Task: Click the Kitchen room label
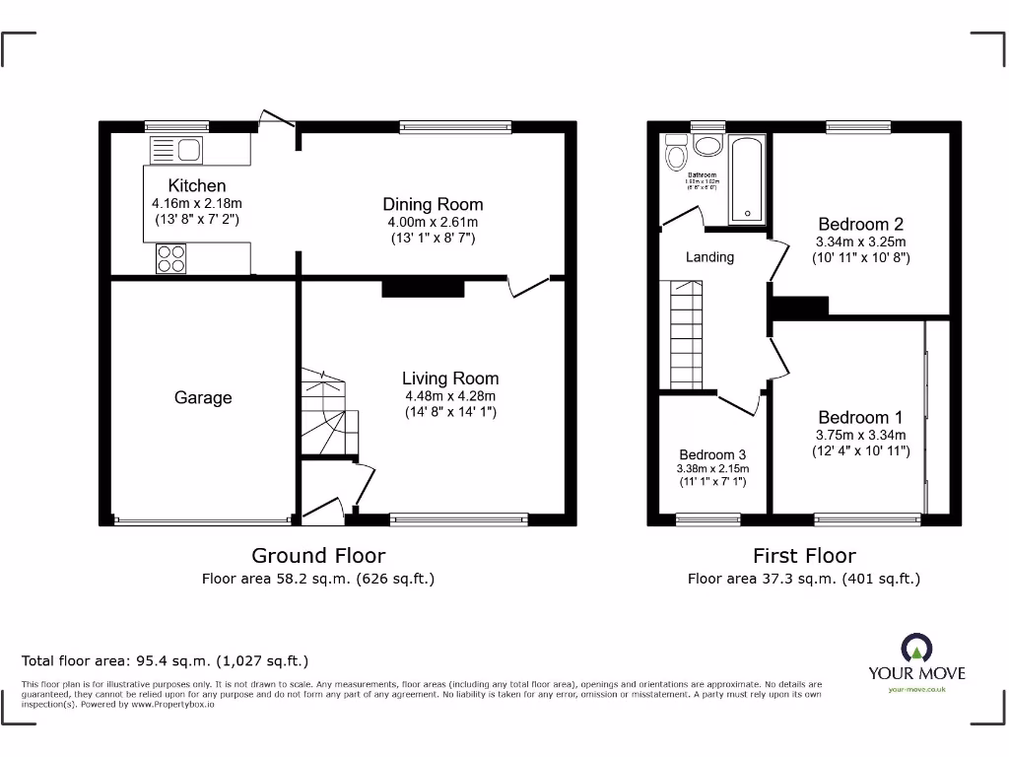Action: tap(197, 185)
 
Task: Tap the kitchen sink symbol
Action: tap(175, 150)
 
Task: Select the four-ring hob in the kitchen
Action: tap(170, 257)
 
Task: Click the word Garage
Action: tap(203, 397)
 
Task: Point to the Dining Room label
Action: tap(433, 204)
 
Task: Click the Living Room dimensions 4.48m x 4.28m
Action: tap(450, 396)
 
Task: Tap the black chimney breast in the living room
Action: tap(422, 288)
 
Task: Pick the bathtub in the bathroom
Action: tap(746, 179)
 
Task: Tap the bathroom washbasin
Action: tap(707, 147)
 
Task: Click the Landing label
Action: tap(709, 257)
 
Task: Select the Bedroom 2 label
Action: tap(860, 224)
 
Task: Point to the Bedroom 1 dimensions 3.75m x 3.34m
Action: tap(860, 435)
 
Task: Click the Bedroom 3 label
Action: tap(712, 454)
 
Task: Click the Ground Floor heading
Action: tap(318, 556)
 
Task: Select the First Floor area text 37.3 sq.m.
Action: tap(803, 580)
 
